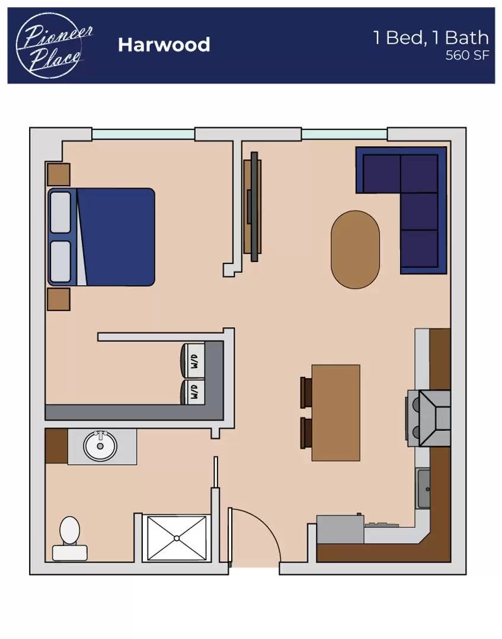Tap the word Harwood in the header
164,45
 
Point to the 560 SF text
467,55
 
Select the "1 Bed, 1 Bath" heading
431,37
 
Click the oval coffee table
355,250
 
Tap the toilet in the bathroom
70,538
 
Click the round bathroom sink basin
100,446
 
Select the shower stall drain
177,538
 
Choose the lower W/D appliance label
194,392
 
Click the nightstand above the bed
59,175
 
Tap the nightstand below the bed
59,299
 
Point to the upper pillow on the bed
60,212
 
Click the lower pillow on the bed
60,262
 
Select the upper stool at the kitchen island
306,392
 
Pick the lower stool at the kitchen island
306,433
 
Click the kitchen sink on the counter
423,488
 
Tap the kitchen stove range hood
435,418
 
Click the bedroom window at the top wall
143,134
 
